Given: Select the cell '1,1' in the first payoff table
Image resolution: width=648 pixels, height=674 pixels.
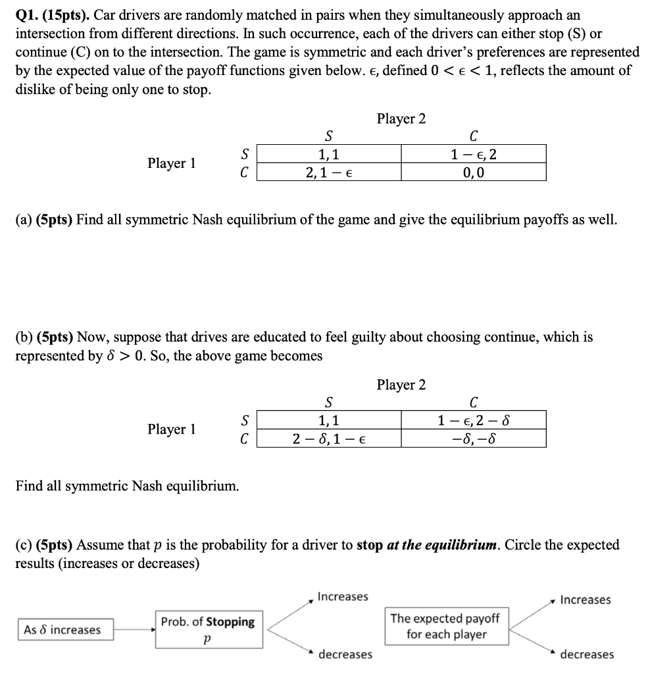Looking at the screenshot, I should pos(328,155).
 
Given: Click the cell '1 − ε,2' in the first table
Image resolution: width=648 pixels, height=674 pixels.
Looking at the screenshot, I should pos(474,155).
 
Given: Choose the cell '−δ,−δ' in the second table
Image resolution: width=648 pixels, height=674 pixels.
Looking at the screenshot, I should pos(474,438).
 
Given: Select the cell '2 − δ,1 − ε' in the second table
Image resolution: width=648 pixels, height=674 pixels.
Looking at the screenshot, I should pos(328,438).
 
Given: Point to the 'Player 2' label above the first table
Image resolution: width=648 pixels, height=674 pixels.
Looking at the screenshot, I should pos(401,119).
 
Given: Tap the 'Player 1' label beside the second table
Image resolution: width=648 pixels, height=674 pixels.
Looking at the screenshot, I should pos(172,429).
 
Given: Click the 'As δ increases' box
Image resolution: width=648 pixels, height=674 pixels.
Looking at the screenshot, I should pos(63,630).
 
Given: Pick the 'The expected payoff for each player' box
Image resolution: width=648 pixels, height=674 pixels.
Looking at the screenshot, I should pos(445,626).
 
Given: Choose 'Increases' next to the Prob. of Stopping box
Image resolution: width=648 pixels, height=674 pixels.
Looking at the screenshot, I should pos(343,597).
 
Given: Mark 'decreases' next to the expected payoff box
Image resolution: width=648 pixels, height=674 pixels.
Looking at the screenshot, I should pos(587,654).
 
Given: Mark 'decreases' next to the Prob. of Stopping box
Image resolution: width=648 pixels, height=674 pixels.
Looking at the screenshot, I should pos(345,654).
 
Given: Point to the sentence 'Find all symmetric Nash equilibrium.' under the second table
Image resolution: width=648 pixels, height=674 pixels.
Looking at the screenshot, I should pos(127,486).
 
